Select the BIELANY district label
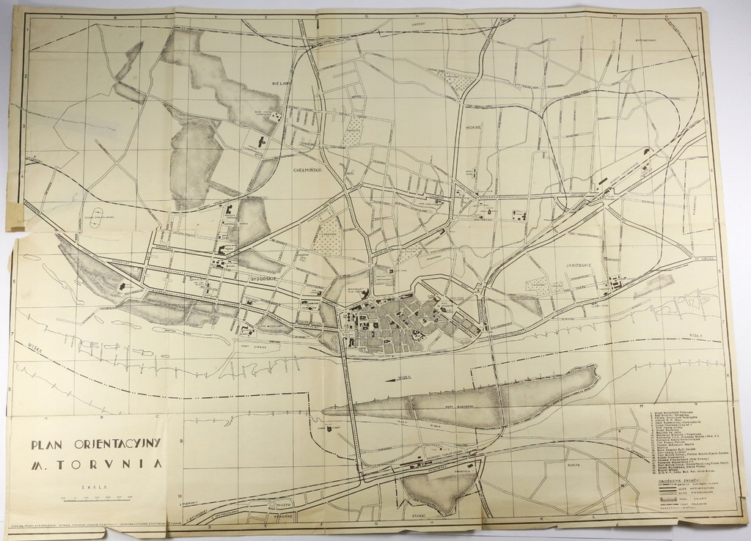pyautogui.click(x=281, y=84)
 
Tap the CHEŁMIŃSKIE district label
pyautogui.click(x=298, y=169)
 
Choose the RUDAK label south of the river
pyautogui.click(x=574, y=465)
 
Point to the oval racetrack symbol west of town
pyautogui.click(x=96, y=217)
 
